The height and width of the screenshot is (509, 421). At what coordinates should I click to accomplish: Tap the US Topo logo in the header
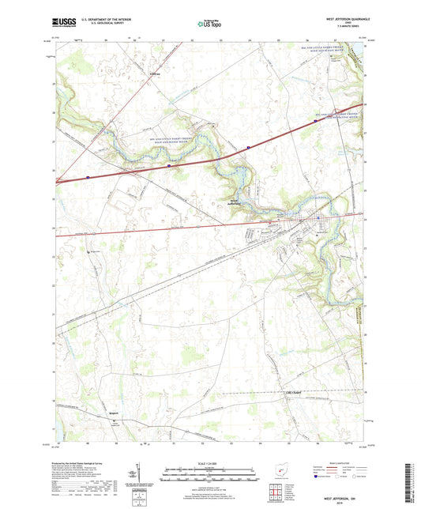click(x=208, y=25)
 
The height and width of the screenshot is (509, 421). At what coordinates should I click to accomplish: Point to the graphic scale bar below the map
click(x=209, y=474)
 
